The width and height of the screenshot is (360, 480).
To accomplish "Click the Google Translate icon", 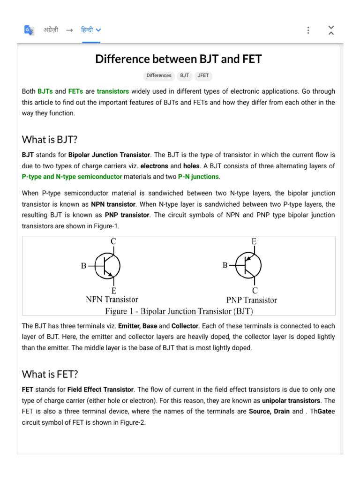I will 29,30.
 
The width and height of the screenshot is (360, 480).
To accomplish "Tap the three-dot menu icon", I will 308,30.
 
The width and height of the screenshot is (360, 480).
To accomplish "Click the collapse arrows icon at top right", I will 331,30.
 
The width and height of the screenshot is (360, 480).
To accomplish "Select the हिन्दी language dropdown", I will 91,30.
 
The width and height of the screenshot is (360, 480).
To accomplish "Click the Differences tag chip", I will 159,75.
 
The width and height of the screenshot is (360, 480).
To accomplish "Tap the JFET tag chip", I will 203,75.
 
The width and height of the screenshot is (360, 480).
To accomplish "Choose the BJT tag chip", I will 184,75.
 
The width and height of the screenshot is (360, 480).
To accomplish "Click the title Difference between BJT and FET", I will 179,59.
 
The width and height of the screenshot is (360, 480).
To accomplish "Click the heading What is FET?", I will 50,374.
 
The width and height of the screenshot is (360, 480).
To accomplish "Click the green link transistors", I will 113,91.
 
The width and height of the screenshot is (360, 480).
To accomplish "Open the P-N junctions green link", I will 198,177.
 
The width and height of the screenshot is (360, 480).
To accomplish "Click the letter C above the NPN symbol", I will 113,242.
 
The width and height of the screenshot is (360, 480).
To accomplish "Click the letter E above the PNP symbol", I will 254,241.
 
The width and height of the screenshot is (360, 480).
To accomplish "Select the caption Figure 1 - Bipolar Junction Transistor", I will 180,311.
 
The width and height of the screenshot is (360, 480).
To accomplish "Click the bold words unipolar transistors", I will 291,401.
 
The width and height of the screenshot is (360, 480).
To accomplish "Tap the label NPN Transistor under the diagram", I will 112,299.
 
